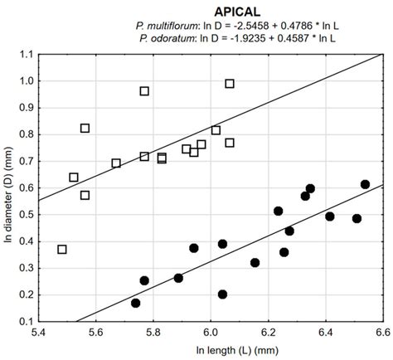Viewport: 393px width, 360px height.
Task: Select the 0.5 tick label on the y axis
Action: coord(25,214)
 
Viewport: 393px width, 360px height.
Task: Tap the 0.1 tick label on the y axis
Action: coord(25,321)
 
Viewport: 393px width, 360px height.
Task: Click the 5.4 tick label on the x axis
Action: coord(39,332)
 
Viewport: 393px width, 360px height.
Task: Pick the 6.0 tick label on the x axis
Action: coord(211,332)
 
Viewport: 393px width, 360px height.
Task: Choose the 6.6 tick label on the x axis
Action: coord(381,332)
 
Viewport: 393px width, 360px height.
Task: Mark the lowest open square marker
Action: coord(62,249)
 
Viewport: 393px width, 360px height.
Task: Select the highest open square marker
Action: coord(230,83)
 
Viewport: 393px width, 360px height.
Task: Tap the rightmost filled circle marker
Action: coord(365,184)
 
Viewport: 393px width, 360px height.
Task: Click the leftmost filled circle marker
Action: coord(135,303)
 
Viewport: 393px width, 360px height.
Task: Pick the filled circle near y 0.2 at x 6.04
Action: coord(222,294)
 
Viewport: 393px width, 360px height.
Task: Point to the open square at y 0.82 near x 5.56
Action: coord(85,128)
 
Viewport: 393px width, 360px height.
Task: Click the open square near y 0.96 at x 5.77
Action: coord(144,91)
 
